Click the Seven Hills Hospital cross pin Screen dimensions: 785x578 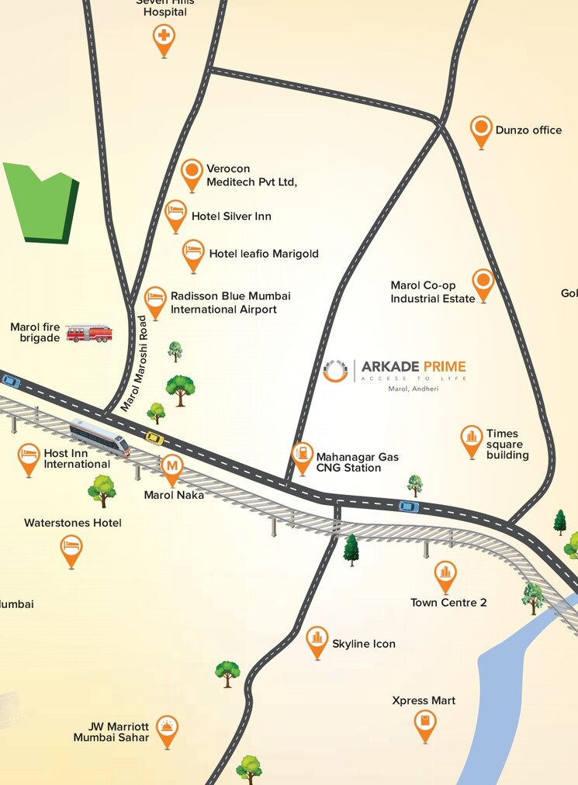pyautogui.click(x=163, y=36)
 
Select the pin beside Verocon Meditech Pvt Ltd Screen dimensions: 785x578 pyautogui.click(x=192, y=172)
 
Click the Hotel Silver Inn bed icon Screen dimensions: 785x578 pyautogui.click(x=175, y=212)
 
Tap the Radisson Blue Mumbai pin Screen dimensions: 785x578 pyautogui.click(x=155, y=299)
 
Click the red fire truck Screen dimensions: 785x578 pyautogui.click(x=88, y=333)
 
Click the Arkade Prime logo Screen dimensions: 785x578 pyautogui.click(x=336, y=371)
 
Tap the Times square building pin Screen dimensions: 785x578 pyautogui.click(x=471, y=438)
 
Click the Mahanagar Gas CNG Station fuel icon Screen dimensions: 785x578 pyautogui.click(x=302, y=455)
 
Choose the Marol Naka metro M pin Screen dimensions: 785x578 pyautogui.click(x=172, y=467)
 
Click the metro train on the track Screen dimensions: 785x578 pyautogui.click(x=99, y=436)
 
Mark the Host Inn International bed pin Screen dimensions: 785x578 pyautogui.click(x=29, y=457)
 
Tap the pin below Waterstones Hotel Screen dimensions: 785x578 pyautogui.click(x=71, y=548)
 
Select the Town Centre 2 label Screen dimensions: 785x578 pyautogui.click(x=448, y=603)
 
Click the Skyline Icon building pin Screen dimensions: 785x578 pyautogui.click(x=317, y=639)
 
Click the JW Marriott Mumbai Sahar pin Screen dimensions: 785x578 pyautogui.click(x=166, y=728)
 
